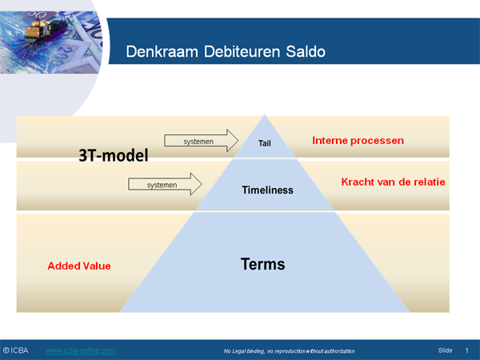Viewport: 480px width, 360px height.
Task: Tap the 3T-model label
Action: click(114, 155)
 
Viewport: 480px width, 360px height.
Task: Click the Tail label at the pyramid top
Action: click(266, 144)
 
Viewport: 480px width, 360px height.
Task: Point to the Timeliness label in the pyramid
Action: click(267, 190)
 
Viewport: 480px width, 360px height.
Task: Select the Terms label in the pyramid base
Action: click(263, 263)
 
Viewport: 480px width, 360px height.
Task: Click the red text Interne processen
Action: click(358, 141)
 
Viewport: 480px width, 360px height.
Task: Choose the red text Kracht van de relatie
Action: click(393, 182)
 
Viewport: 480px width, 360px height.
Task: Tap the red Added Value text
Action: click(78, 265)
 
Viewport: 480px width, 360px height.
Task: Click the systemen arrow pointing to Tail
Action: click(201, 141)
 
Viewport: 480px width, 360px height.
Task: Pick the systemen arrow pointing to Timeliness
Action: click(164, 185)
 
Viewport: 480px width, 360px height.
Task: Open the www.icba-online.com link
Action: click(80, 350)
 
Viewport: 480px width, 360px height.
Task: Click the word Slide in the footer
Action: click(446, 350)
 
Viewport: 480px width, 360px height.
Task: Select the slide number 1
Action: click(466, 350)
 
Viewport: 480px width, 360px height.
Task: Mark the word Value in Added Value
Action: click(96, 265)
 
